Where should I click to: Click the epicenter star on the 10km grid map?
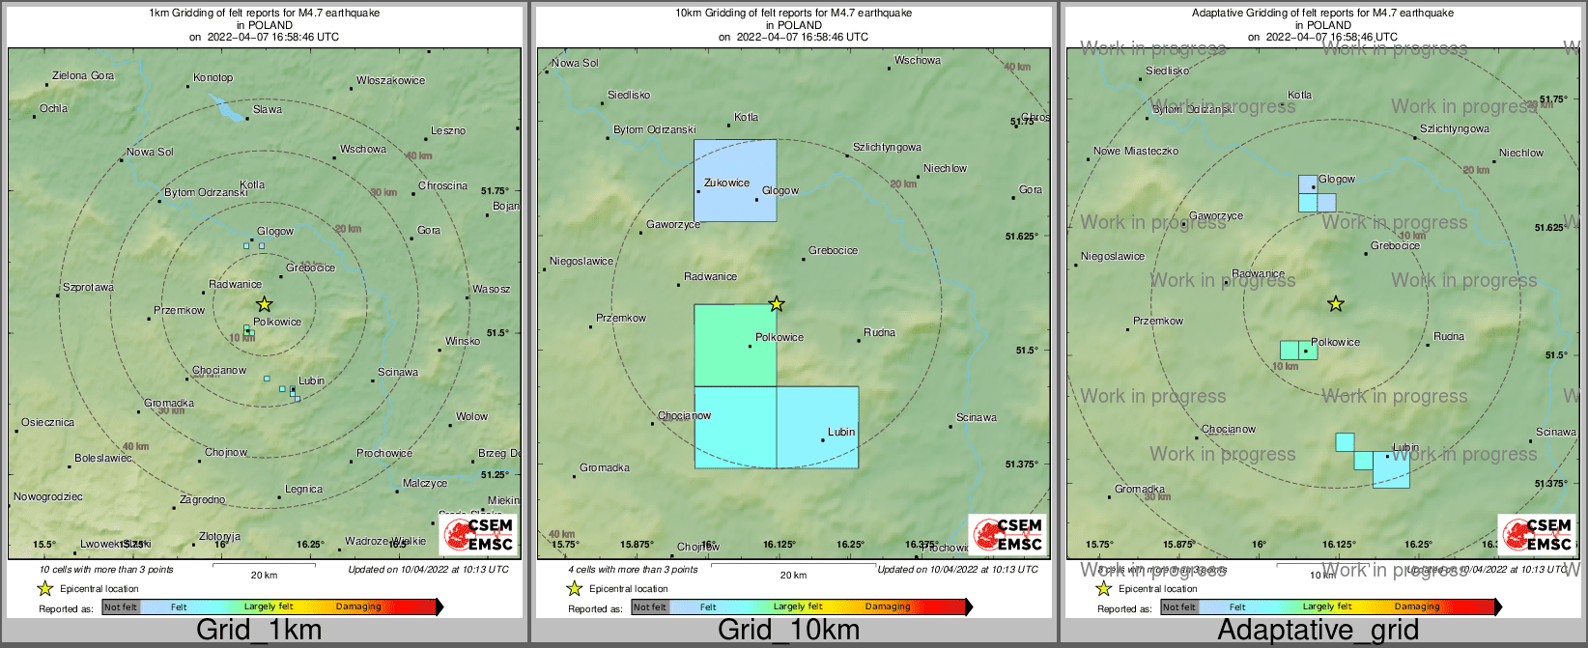point(777,304)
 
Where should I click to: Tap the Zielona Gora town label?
point(83,75)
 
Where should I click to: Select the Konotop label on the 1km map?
point(213,77)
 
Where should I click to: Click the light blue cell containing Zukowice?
point(734,181)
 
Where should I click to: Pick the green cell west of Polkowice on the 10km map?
point(734,345)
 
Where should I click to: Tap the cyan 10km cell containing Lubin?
point(817,427)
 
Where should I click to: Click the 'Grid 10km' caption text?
point(788,630)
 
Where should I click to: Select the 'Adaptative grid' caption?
point(1318,630)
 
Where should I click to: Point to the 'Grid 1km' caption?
point(259,630)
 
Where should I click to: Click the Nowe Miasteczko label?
point(1136,152)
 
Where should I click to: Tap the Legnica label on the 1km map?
point(303,490)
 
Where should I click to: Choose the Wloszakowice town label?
point(390,80)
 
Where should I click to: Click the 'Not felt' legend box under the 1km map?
point(121,607)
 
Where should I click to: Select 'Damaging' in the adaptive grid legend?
point(1417,607)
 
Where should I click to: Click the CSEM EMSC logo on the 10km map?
point(1007,534)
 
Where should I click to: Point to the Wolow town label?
point(471,416)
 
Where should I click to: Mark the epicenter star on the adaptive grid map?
point(1336,304)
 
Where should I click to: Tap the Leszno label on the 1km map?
point(448,130)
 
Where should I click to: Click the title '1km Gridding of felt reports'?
point(264,14)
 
